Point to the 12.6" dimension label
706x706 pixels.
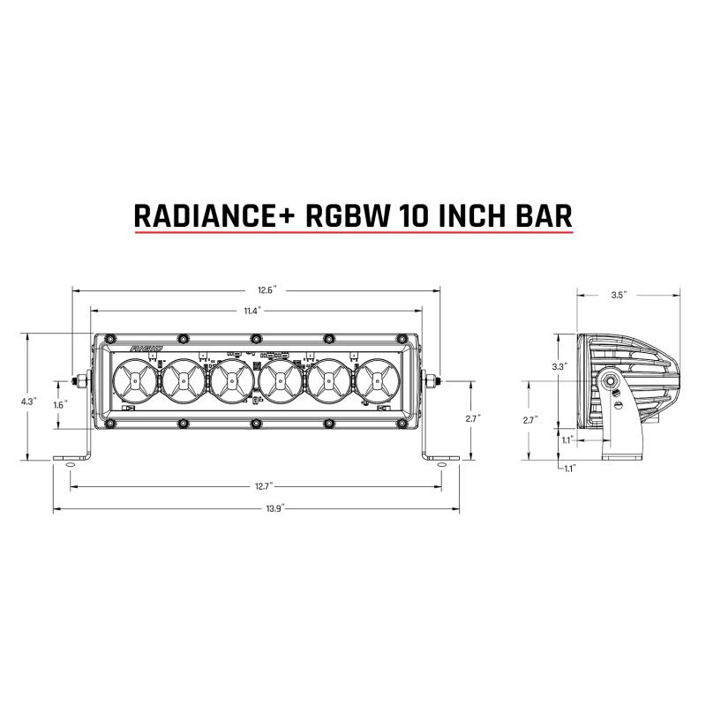coord(256,289)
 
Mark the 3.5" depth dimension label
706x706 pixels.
coord(618,296)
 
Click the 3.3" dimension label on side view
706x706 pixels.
coord(559,365)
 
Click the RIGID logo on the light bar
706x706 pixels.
coord(146,349)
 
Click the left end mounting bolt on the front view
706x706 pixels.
coord(81,381)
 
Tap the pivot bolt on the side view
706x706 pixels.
coord(610,381)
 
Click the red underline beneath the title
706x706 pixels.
coord(353,234)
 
